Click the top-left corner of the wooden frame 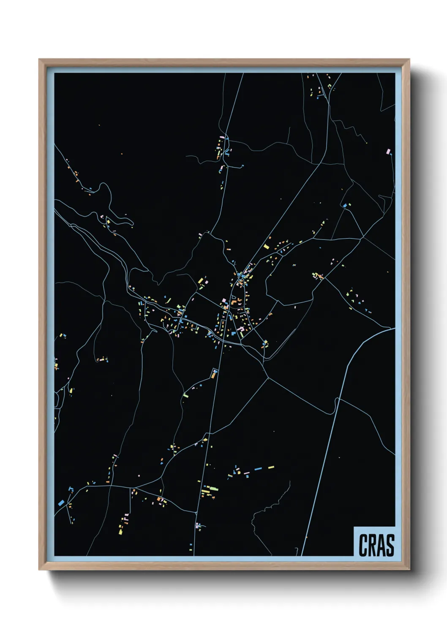click(39, 60)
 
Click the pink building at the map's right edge click(389, 151)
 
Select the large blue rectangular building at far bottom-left click(61, 503)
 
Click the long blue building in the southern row click(258, 469)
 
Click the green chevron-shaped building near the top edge click(329, 86)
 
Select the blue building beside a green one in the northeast click(345, 206)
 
